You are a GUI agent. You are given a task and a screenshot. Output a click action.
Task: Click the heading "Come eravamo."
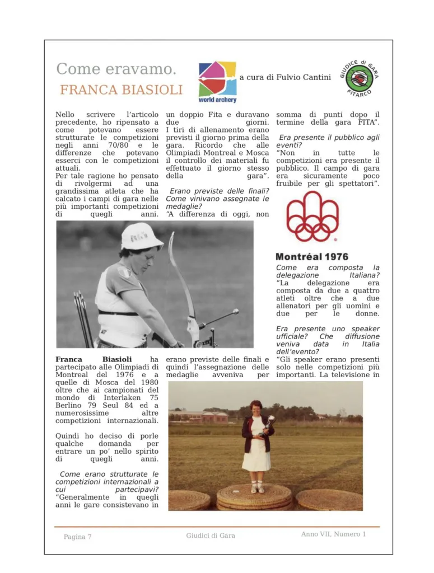click(116, 69)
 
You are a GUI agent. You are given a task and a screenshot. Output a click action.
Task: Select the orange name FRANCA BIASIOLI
click(121, 90)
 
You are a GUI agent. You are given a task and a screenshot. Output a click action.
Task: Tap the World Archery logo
click(217, 81)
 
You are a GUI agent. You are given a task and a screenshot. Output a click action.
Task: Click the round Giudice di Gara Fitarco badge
click(360, 78)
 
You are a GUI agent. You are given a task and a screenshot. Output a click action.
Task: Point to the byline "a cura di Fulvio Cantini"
click(285, 77)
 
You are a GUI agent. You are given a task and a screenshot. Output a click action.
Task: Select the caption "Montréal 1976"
click(312, 257)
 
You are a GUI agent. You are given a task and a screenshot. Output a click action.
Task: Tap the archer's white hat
click(141, 237)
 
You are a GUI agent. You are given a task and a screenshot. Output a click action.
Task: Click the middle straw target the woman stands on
click(254, 497)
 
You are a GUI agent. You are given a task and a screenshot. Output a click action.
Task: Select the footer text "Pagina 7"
click(77, 537)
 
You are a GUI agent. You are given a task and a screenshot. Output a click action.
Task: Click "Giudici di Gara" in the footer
click(211, 536)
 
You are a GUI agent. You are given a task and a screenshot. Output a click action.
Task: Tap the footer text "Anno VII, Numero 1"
click(333, 534)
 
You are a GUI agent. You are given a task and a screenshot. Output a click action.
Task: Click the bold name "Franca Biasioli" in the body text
click(94, 359)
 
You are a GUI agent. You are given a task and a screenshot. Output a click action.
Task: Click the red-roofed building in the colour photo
click(208, 416)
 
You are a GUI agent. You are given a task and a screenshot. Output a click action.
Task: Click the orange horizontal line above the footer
click(217, 527)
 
